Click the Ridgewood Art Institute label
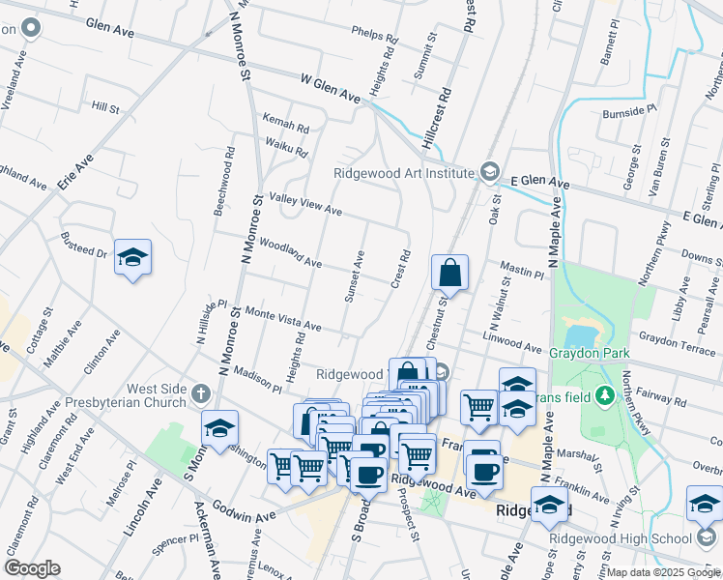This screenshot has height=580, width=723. [x=403, y=174]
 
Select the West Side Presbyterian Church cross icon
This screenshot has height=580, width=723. [x=201, y=393]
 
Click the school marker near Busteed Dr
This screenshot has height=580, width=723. [x=132, y=258]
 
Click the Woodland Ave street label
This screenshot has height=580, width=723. [x=291, y=255]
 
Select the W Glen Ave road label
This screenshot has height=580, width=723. [x=331, y=89]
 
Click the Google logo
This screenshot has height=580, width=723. [x=32, y=568]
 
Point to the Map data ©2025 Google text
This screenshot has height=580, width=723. [x=663, y=572]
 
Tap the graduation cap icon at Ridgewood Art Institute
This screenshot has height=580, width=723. [x=490, y=173]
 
